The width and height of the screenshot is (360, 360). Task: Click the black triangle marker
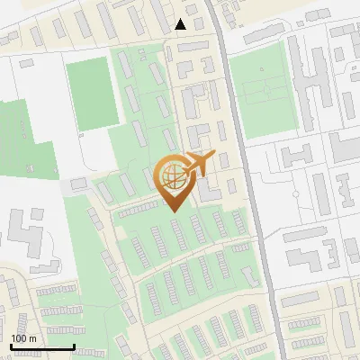click(x=181, y=24)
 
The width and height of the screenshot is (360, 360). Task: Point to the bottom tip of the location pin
click(x=173, y=211)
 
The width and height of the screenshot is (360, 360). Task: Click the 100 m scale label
click(x=23, y=337)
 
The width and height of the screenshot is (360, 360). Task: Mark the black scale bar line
click(x=41, y=346)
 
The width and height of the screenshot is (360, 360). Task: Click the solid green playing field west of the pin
click(x=92, y=94)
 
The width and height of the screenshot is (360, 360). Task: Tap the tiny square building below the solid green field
click(x=83, y=136)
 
